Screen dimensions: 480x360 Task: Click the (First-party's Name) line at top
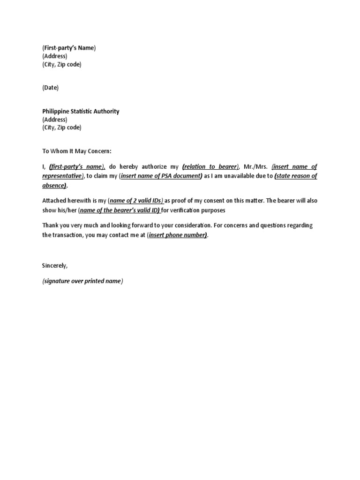69,48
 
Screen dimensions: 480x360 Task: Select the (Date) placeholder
51,88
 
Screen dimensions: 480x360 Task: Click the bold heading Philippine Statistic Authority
81,112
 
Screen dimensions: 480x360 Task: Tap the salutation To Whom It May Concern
77,151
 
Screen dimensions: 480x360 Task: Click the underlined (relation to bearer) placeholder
210,167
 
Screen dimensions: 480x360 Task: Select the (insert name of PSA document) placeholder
161,176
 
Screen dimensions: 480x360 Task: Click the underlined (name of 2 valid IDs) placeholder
135,201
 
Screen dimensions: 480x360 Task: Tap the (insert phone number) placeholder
177,235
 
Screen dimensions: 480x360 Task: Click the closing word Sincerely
55,266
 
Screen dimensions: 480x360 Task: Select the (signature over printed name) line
82,281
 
